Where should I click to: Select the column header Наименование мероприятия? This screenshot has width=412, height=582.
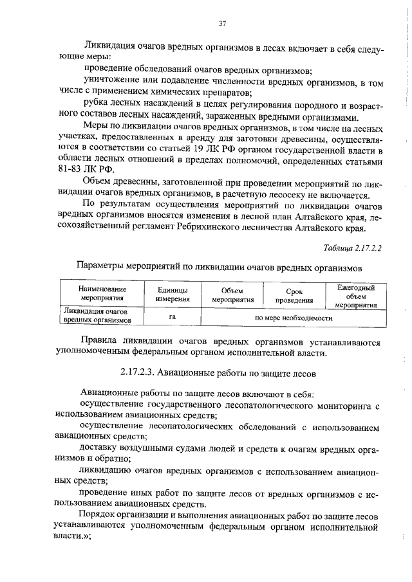point(103,294)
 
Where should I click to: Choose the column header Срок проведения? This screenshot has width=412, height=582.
point(294,295)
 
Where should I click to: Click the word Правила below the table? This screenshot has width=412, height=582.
point(102,341)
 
